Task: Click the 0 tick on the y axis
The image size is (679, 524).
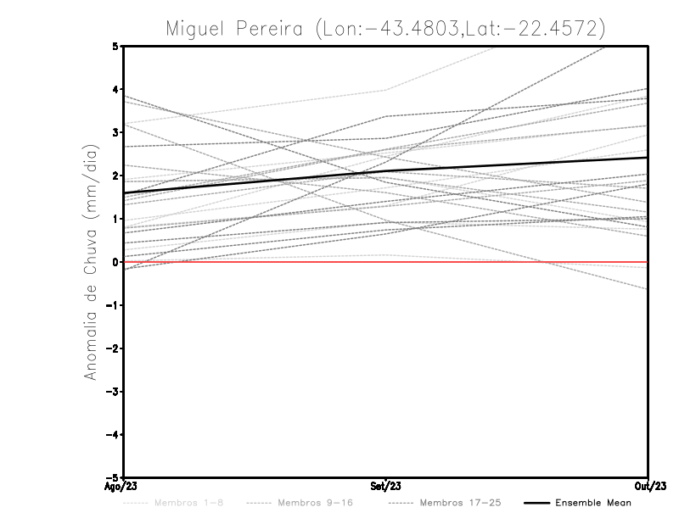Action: coord(116,262)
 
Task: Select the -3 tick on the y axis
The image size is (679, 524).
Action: coord(114,392)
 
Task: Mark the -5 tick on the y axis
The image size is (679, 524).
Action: coord(114,477)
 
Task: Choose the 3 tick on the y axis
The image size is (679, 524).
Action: coord(116,132)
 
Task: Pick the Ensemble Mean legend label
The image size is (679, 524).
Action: coord(593,504)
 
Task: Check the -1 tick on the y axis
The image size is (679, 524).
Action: coord(114,305)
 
